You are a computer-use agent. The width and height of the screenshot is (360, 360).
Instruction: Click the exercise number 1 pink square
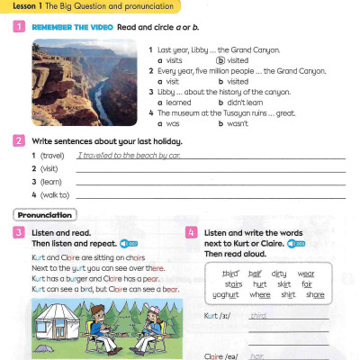coord(19,29)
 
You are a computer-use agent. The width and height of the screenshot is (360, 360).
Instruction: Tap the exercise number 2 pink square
coord(19,141)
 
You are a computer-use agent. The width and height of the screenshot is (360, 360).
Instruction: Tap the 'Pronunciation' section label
coord(45,215)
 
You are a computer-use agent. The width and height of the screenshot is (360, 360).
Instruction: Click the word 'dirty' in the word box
coord(279,274)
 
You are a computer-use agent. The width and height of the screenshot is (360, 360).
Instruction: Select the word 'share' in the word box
coord(314,294)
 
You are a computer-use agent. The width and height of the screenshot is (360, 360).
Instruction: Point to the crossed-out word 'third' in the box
coord(230,274)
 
